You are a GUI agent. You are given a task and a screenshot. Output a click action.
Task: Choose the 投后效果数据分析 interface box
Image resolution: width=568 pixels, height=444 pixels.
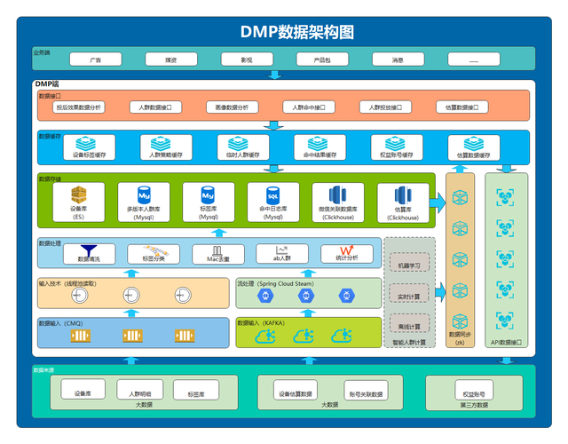click(80, 107)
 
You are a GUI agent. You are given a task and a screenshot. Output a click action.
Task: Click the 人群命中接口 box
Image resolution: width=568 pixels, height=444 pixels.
click(310, 107)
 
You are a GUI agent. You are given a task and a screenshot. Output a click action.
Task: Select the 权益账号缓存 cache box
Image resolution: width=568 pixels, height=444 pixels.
click(393, 147)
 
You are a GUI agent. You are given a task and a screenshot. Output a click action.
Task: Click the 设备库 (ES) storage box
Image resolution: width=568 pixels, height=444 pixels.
click(79, 203)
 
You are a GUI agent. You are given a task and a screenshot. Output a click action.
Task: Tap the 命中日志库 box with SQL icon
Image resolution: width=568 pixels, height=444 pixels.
click(275, 203)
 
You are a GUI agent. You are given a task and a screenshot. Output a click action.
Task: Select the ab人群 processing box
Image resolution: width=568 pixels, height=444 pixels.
click(282, 254)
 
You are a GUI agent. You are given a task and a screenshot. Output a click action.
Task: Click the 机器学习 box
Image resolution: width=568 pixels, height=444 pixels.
click(409, 266)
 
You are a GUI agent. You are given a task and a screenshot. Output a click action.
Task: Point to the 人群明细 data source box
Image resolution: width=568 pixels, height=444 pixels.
click(140, 392)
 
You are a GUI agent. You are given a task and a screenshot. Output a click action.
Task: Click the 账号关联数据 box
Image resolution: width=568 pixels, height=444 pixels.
click(365, 392)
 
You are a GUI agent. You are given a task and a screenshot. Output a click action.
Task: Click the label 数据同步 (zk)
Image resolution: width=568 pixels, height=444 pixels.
click(461, 337)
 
